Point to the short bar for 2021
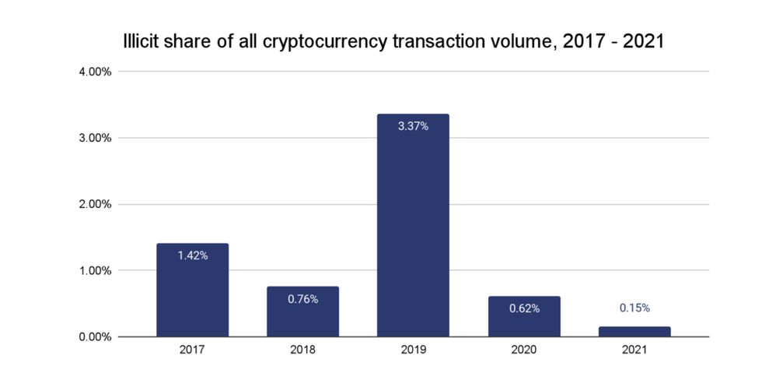(x=634, y=332)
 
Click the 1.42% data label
(x=192, y=255)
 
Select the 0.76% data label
(x=302, y=299)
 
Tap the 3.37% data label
(x=413, y=126)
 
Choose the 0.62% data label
(x=523, y=308)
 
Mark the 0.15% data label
(x=634, y=308)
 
